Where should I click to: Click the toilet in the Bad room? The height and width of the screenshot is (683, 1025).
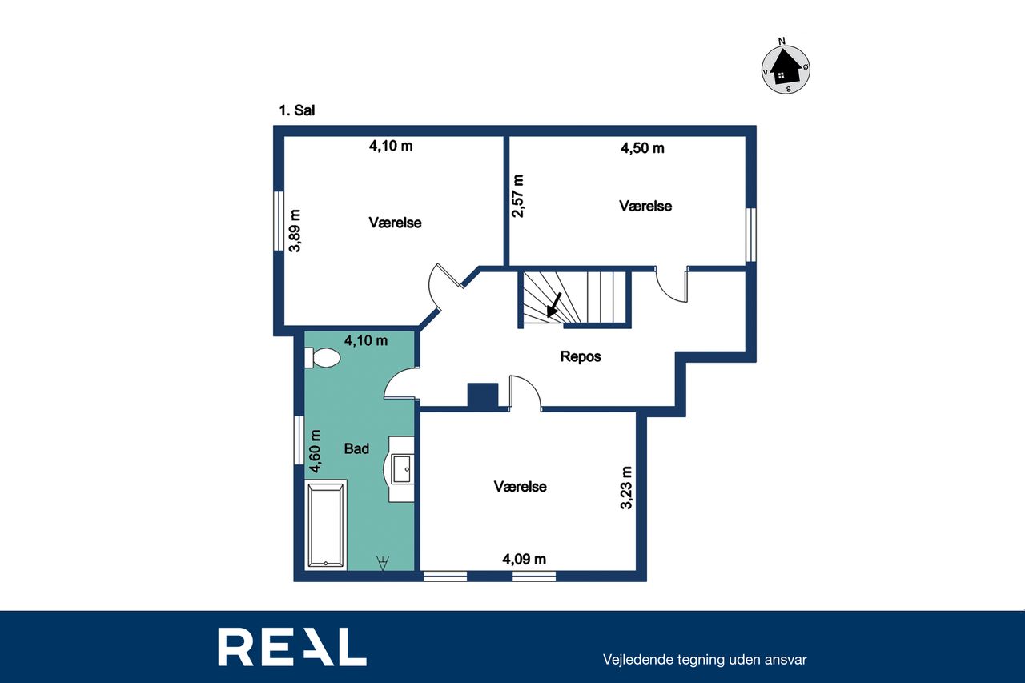click(x=322, y=357)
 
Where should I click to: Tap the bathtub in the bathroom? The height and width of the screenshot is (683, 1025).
click(x=325, y=525)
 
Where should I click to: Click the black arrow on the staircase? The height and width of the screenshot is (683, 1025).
click(x=553, y=305)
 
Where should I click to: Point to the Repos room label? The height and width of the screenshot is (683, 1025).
click(x=581, y=356)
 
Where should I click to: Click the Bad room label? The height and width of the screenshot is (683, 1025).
click(x=356, y=448)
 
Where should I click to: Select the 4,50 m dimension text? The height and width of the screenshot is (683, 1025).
click(x=642, y=148)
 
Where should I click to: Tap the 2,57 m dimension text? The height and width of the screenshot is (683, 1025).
click(x=518, y=196)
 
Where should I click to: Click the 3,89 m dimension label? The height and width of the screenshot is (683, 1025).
click(x=295, y=231)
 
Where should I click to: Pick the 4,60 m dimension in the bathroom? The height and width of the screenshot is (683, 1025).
click(x=315, y=451)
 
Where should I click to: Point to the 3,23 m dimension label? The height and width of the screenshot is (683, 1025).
click(x=626, y=488)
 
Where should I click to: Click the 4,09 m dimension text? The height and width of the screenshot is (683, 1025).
click(x=524, y=559)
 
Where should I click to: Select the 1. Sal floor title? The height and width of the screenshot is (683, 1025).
click(x=297, y=110)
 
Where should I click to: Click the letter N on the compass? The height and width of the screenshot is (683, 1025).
click(x=782, y=41)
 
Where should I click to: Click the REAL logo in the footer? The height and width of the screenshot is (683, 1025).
click(x=292, y=646)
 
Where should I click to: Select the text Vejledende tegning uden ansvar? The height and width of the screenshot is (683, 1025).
click(x=705, y=660)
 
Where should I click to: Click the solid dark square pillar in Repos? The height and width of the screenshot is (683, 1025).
click(x=482, y=396)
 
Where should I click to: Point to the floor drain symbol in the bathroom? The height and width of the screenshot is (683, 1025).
click(x=383, y=563)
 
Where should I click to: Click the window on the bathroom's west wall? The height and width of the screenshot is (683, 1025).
click(x=299, y=440)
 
